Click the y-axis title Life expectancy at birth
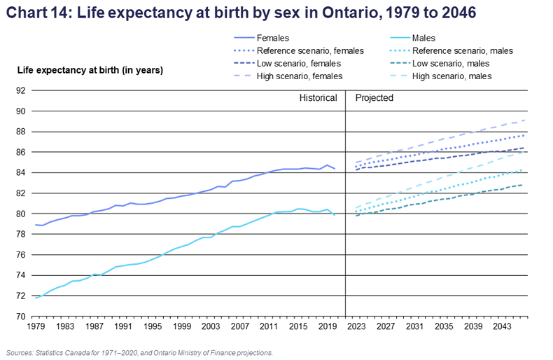click(x=90, y=69)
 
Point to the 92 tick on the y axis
click(x=20, y=90)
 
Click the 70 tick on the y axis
click(x=20, y=317)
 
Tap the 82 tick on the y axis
click(x=20, y=193)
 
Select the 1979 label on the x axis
click(x=35, y=326)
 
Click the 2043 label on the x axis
click(x=501, y=326)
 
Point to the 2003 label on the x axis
click(x=212, y=326)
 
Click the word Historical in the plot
click(x=318, y=98)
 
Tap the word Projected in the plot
click(x=374, y=98)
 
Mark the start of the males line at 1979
click(x=36, y=298)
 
